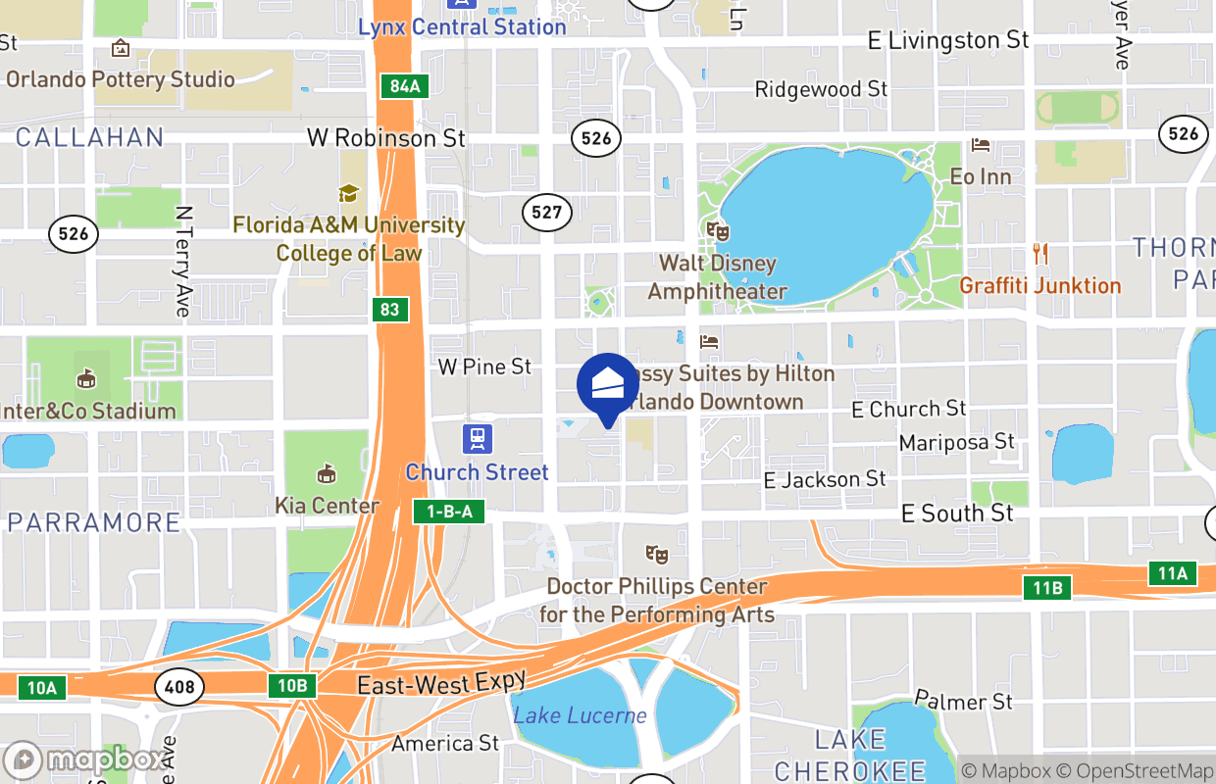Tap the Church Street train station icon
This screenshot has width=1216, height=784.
click(x=478, y=437)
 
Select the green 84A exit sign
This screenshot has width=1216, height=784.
click(x=404, y=86)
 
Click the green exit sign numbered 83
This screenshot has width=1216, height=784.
click(x=390, y=310)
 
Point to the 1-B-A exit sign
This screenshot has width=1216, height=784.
click(x=449, y=511)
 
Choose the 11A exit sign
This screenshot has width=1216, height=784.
click(x=1173, y=573)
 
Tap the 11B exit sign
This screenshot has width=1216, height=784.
click(x=1047, y=588)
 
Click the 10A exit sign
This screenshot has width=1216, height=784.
click(x=41, y=688)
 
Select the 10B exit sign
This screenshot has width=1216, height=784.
click(x=292, y=685)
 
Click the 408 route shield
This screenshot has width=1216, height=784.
click(x=180, y=686)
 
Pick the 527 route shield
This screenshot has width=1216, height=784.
click(x=546, y=212)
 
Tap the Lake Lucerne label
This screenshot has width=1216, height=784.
click(x=580, y=715)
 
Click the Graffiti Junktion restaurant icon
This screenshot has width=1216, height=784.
click(x=1040, y=254)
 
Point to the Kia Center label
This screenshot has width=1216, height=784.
click(x=327, y=506)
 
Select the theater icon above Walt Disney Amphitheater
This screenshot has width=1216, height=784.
click(x=718, y=231)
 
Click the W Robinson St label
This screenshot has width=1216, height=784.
click(x=385, y=138)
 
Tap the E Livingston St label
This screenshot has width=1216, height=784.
click(x=948, y=40)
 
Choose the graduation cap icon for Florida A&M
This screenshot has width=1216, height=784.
click(x=348, y=193)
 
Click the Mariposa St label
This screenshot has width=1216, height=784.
click(x=956, y=442)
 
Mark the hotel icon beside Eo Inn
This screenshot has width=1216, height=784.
click(x=980, y=146)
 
